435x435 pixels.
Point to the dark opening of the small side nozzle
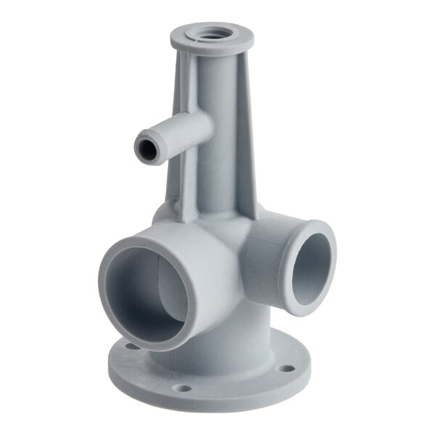coord(147,151)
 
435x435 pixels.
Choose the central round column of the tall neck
coord(217,138)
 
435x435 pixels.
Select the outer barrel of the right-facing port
coord(268,254)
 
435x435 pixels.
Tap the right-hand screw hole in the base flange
coord(288,368)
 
